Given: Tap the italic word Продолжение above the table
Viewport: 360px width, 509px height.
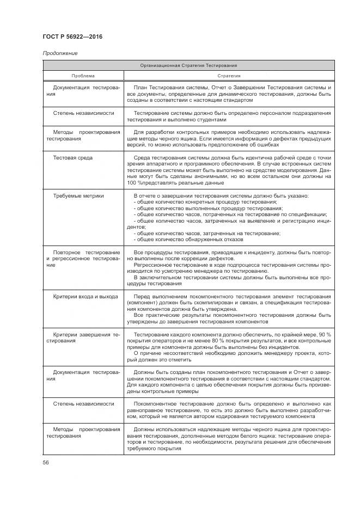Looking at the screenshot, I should pyautogui.click(x=59, y=53).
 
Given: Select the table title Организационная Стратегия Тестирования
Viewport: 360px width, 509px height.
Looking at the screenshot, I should pyautogui.click(x=188, y=65).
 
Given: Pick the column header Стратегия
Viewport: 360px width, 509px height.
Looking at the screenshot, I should pyautogui.click(x=229, y=76).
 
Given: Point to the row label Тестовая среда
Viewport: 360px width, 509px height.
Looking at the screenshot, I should pyautogui.click(x=73, y=158).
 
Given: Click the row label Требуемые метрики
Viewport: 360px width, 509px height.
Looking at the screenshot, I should pyautogui.click(x=78, y=195).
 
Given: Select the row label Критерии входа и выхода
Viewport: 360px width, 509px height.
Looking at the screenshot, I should pyautogui.click(x=86, y=296).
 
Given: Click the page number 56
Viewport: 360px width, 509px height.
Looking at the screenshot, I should pyautogui.click(x=46, y=462).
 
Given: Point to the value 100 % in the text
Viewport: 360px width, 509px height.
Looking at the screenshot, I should pyautogui.click(x=133, y=182).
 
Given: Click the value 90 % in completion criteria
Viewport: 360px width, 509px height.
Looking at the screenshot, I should pyautogui.click(x=324, y=334).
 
